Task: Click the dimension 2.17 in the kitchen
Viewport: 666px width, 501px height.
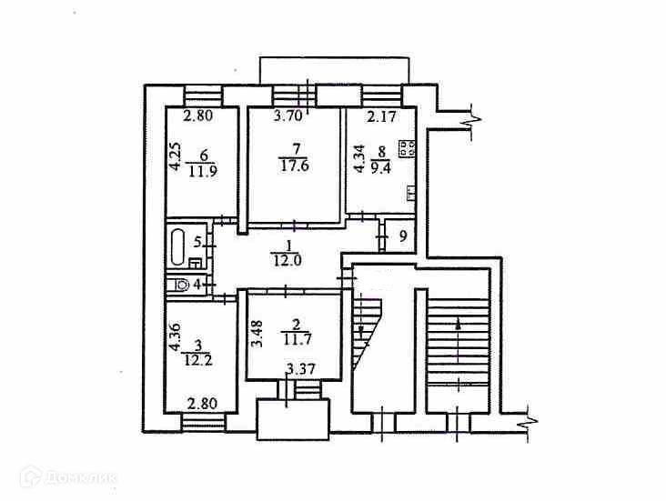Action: (x=381, y=116)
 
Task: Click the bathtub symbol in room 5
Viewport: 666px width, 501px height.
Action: (x=178, y=245)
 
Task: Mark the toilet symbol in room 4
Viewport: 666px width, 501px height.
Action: (x=181, y=285)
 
